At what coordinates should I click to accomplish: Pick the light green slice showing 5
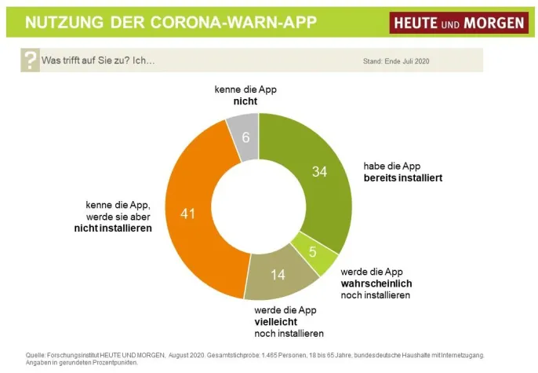(313, 252)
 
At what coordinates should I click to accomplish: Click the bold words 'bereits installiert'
(402, 178)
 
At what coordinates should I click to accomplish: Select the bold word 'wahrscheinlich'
(376, 283)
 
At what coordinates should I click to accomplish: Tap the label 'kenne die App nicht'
(245, 95)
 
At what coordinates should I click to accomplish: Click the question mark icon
(30, 60)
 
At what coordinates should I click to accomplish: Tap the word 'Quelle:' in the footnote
(37, 356)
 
